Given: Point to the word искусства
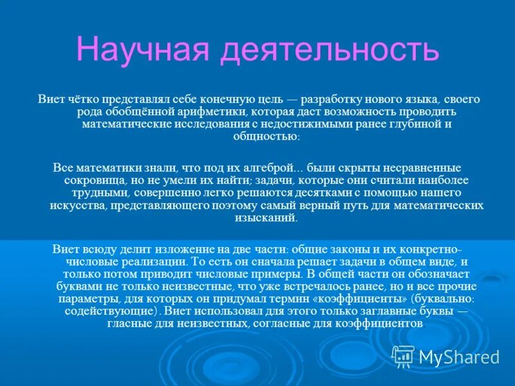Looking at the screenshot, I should coord(77,205).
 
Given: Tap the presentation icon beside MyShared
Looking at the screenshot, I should coord(403,356).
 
